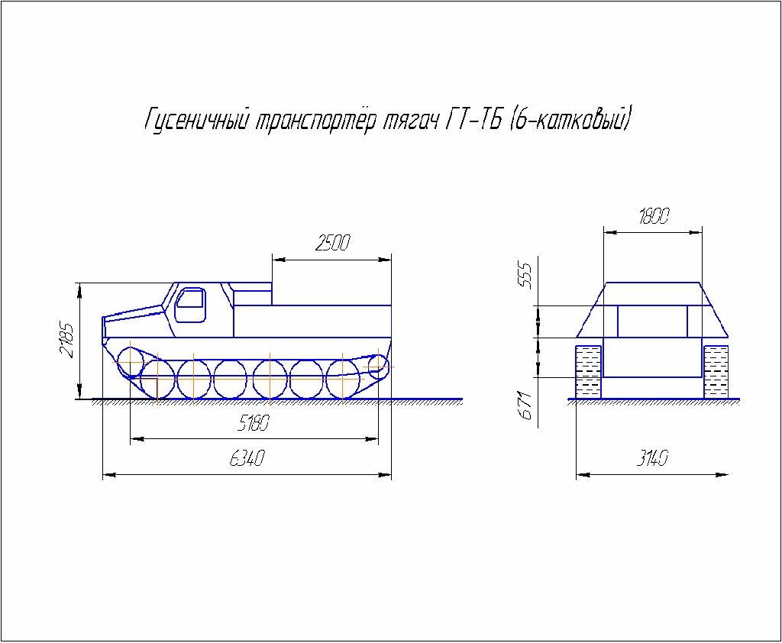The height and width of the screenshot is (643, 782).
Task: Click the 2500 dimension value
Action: [x=333, y=242]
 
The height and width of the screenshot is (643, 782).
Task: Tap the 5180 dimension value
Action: [x=253, y=424]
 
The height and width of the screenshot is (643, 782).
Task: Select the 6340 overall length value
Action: [x=247, y=458]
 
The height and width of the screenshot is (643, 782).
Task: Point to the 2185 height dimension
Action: [x=67, y=340]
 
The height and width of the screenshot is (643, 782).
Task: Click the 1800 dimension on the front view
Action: [x=654, y=216]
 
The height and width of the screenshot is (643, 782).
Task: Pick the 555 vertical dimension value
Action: [x=525, y=275]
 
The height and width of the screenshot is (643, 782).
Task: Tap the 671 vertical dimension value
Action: [x=525, y=405]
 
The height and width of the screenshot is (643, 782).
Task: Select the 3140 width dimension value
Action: [x=652, y=458]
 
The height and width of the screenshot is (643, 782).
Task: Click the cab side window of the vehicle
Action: [x=189, y=305]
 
